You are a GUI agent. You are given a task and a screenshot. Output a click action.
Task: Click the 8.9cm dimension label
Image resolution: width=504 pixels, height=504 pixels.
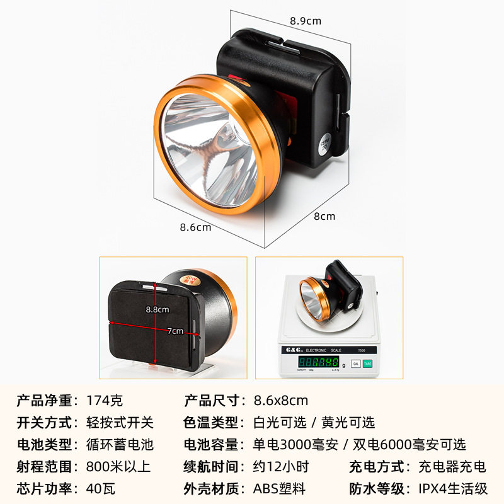click(x=306, y=21)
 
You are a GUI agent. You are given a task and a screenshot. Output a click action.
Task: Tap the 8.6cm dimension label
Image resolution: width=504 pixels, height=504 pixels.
click(x=195, y=227)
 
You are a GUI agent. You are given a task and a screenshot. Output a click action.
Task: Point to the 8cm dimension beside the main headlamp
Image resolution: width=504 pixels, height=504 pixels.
click(x=324, y=216)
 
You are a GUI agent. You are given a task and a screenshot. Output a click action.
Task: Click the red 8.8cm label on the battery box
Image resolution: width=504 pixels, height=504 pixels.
click(x=157, y=309)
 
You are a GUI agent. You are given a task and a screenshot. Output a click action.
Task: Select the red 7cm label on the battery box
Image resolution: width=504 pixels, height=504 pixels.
click(x=175, y=331)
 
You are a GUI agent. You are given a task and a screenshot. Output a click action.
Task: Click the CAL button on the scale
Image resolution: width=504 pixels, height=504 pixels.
click(x=355, y=364)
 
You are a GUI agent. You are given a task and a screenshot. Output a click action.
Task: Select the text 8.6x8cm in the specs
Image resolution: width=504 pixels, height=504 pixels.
click(x=281, y=400)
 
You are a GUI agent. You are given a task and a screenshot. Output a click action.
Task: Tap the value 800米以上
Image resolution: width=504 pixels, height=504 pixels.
click(x=118, y=467)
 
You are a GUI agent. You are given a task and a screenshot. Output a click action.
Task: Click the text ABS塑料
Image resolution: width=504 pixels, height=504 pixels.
click(x=280, y=488)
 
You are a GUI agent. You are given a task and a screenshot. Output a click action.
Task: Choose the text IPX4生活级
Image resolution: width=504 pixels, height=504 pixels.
click(x=454, y=488)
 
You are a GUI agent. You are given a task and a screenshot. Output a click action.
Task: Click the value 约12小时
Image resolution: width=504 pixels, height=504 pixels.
click(x=281, y=467)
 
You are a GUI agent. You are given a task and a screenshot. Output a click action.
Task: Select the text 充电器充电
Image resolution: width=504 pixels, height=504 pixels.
click(x=452, y=467)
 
